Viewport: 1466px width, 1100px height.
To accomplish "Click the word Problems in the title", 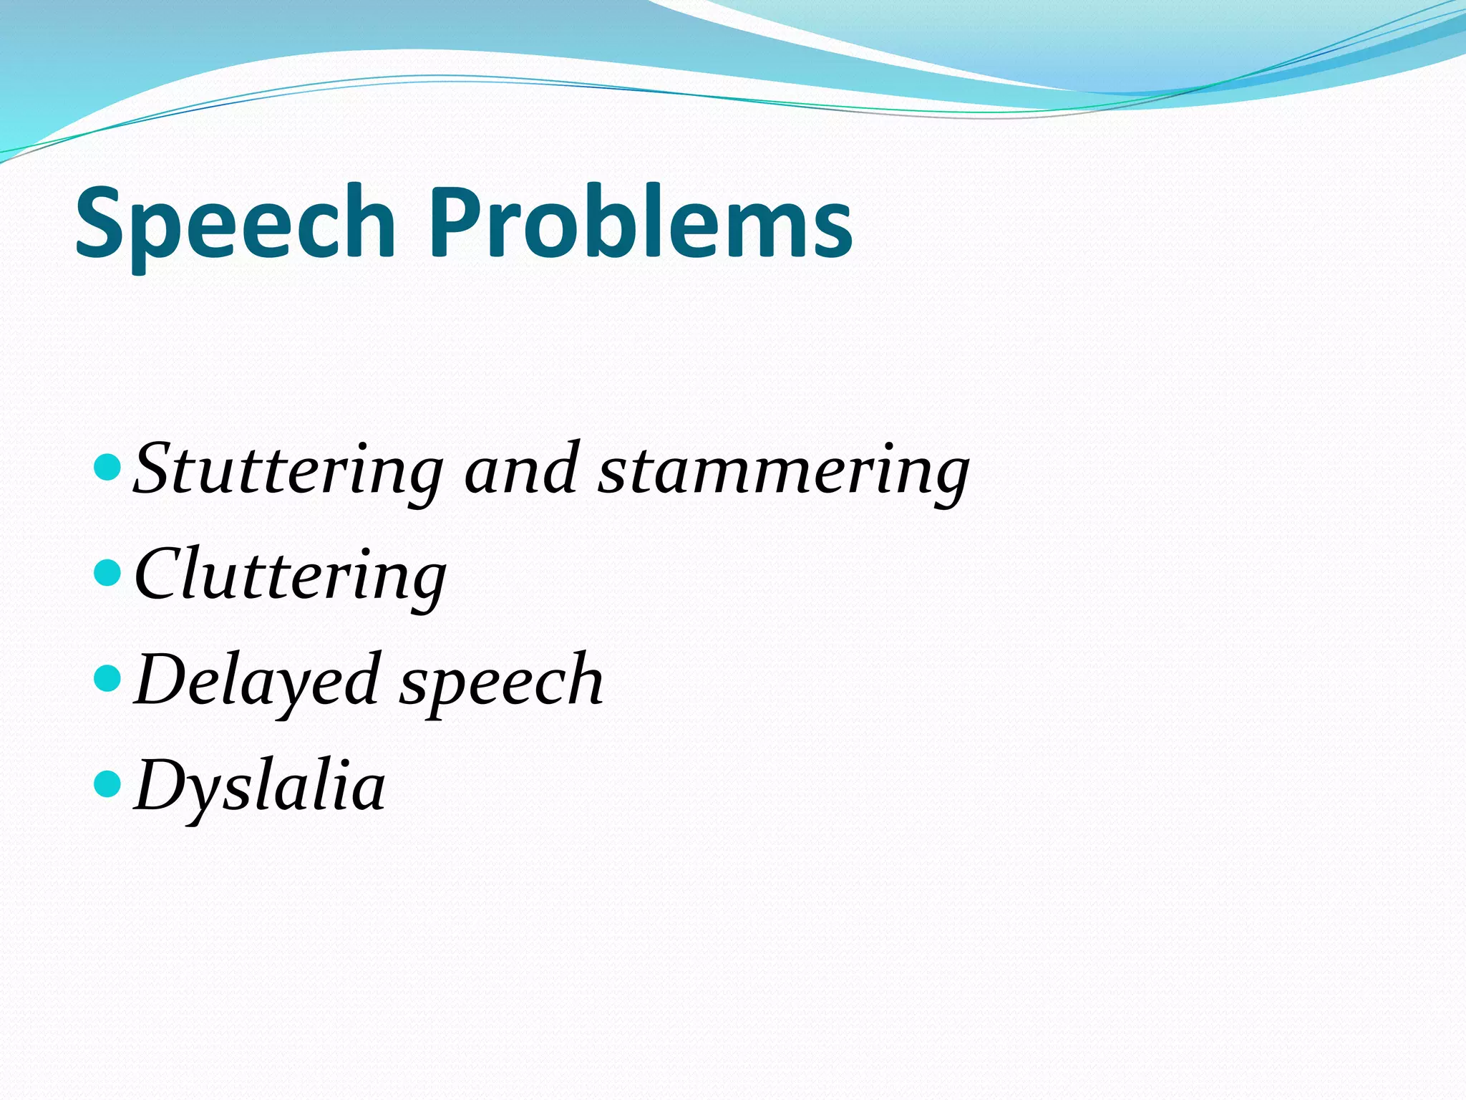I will click(x=641, y=223).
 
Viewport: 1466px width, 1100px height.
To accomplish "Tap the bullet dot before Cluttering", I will click(x=107, y=573).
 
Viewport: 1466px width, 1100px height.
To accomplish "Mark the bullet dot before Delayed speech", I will click(x=107, y=678).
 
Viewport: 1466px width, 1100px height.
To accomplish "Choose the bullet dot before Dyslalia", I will click(x=107, y=783).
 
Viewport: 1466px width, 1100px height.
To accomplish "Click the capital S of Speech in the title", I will click(x=101, y=223).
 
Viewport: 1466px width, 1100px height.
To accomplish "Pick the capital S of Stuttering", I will click(x=153, y=468).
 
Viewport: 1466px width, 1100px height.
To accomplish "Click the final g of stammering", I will click(x=949, y=478).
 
